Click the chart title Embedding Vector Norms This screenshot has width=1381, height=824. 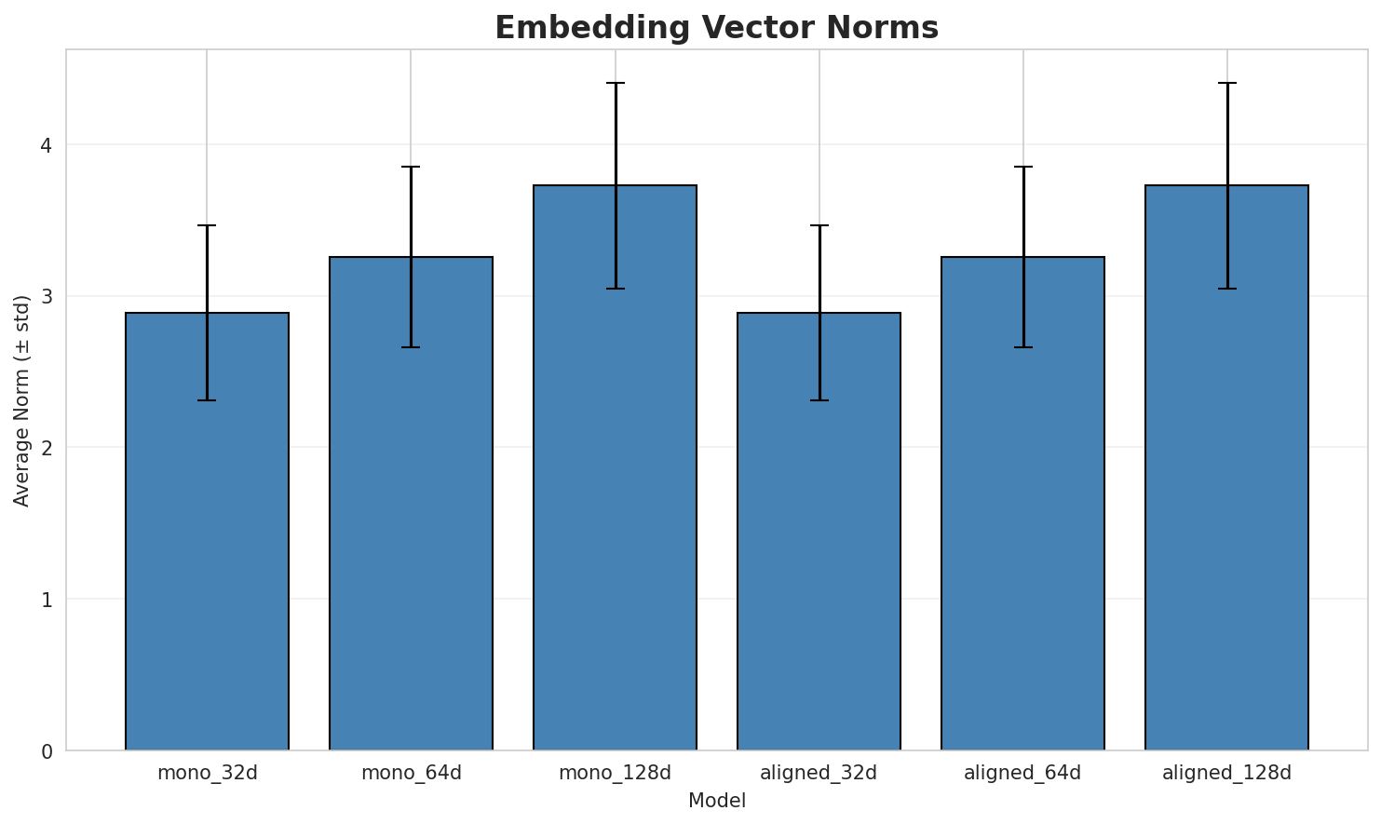[x=716, y=28]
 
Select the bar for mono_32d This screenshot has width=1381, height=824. [x=207, y=531]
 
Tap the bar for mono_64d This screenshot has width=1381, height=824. [x=411, y=503]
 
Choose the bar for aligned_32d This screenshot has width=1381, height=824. [x=819, y=531]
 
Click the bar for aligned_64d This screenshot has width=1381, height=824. [x=1022, y=503]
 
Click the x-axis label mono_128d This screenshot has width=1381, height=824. [x=615, y=773]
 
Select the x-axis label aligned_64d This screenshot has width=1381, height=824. [x=1022, y=773]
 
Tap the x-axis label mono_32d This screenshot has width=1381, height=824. [x=207, y=773]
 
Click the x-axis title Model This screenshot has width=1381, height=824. [x=716, y=801]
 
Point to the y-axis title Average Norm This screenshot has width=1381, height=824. [x=22, y=400]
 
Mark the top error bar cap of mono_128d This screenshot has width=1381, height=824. [x=615, y=83]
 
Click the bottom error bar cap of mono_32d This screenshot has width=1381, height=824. [x=207, y=400]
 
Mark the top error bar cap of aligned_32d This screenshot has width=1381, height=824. [x=819, y=225]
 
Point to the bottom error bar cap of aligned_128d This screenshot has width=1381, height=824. [x=1226, y=289]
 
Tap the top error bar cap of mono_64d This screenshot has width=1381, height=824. [x=411, y=167]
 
